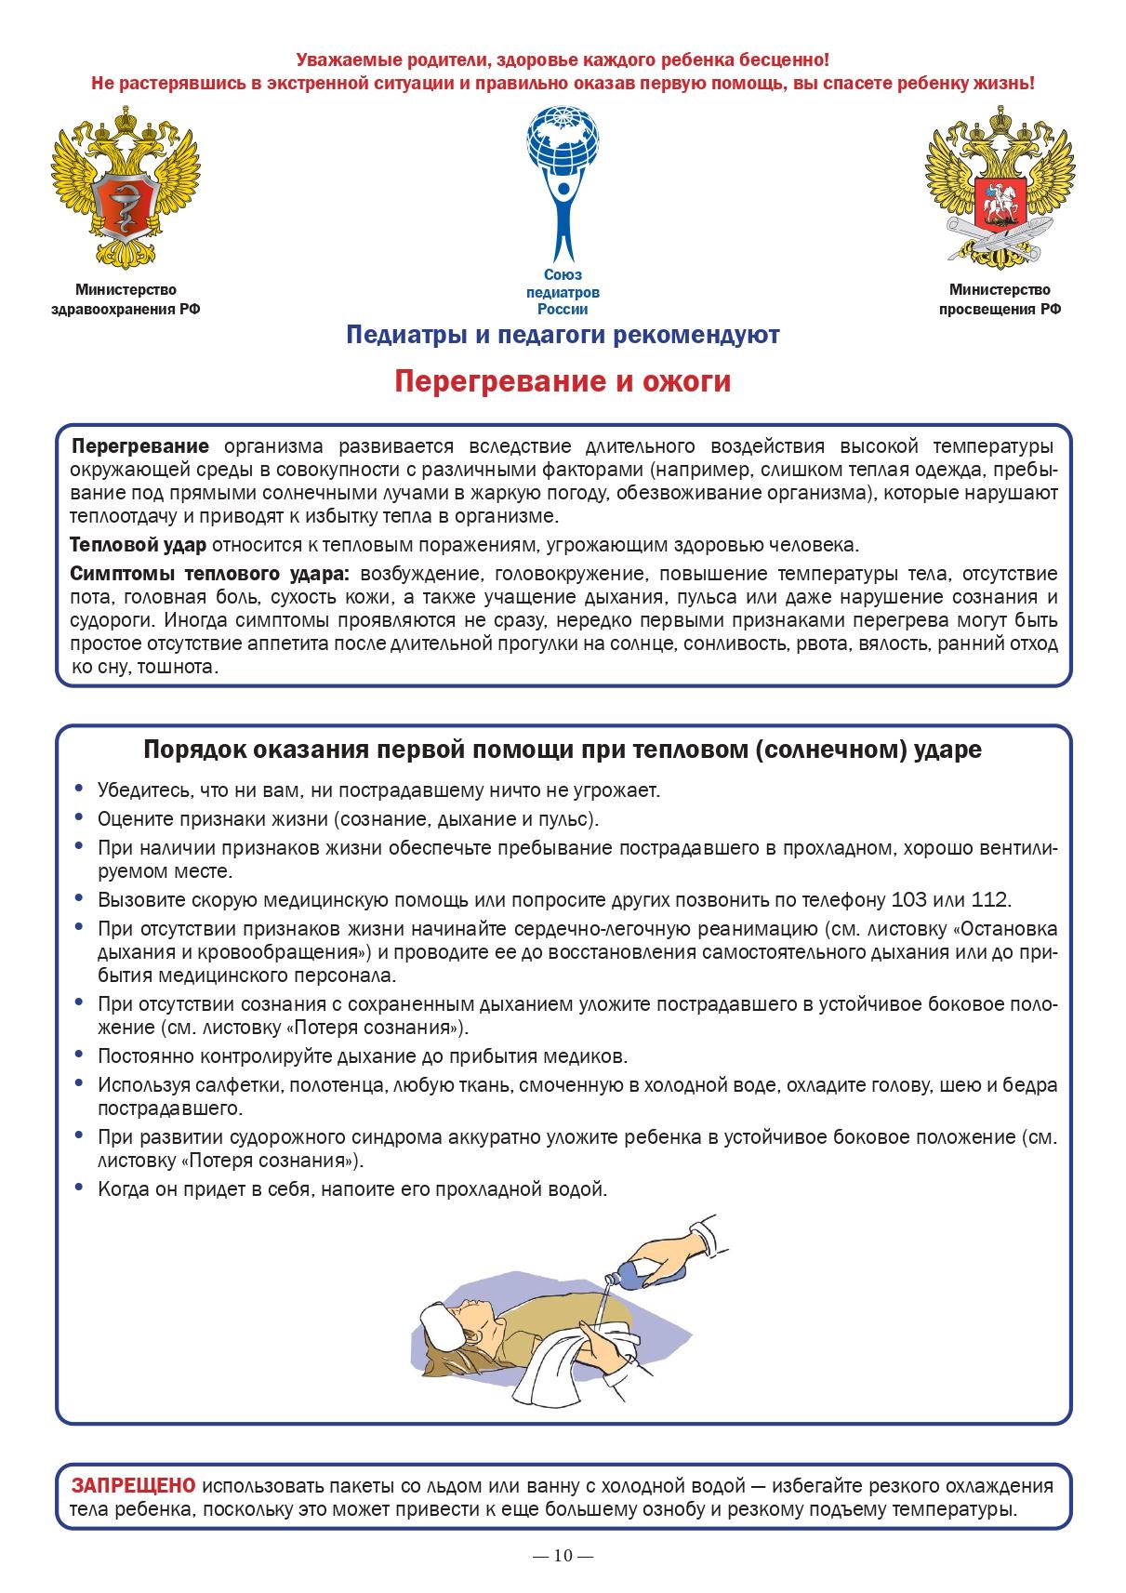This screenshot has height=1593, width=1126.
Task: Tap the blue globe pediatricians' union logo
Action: click(x=563, y=182)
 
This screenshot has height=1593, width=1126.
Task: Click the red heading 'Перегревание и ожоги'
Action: click(x=563, y=382)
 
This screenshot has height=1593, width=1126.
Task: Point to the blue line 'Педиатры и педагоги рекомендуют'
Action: click(x=563, y=335)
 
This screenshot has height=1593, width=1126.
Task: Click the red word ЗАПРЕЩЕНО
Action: click(x=134, y=1485)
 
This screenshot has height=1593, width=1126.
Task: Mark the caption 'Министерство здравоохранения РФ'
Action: click(x=126, y=300)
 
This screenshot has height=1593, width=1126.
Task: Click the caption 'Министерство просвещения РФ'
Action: click(x=1000, y=300)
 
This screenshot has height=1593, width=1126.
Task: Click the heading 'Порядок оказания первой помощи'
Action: click(x=563, y=750)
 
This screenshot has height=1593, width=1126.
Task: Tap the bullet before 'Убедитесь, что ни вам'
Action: click(x=78, y=790)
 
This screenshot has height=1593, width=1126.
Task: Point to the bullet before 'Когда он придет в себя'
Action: click(x=78, y=1188)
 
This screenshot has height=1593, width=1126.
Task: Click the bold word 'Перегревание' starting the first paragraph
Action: click(x=140, y=445)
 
